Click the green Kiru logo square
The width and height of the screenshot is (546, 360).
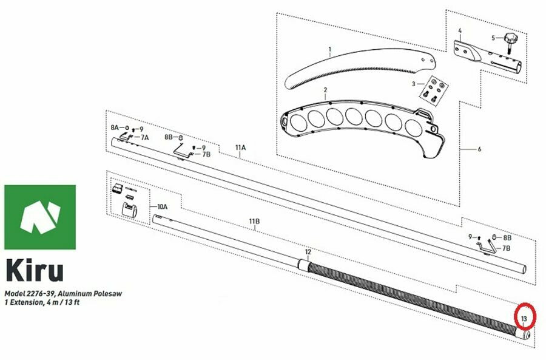tap(40, 217)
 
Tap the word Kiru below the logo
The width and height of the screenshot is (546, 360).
tap(35, 270)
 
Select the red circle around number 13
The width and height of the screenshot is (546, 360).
tap(525, 316)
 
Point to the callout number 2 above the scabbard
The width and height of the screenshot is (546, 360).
tap(325, 90)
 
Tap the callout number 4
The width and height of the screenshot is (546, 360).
tap(460, 31)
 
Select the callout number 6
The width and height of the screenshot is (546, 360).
tap(479, 149)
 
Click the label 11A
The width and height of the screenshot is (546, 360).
tap(240, 148)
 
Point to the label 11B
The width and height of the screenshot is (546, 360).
tap(254, 222)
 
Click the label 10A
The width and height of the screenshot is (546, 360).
tap(162, 206)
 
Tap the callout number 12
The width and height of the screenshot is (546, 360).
tap(308, 251)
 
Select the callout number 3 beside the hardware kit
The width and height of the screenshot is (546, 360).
tap(413, 84)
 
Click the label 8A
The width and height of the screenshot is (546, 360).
tap(115, 127)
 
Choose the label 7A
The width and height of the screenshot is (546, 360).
tap(144, 138)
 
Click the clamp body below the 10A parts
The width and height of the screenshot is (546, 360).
tap(129, 210)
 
